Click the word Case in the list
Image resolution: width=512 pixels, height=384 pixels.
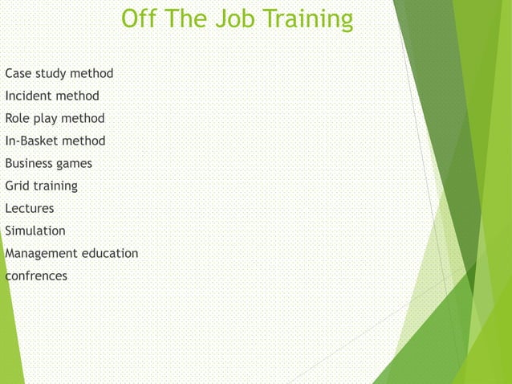18,74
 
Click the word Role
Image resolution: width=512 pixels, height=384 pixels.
18,119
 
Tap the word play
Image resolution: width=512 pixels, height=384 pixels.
49,119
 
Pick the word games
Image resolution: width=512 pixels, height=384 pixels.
73,164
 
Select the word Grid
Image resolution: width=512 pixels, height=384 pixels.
18,186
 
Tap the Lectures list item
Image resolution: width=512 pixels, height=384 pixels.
30,209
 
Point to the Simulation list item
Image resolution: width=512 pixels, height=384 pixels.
35,231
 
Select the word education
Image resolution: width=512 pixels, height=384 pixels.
108,254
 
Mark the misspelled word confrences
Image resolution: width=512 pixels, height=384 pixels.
36,276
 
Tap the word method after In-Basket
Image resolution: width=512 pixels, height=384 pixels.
86,141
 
